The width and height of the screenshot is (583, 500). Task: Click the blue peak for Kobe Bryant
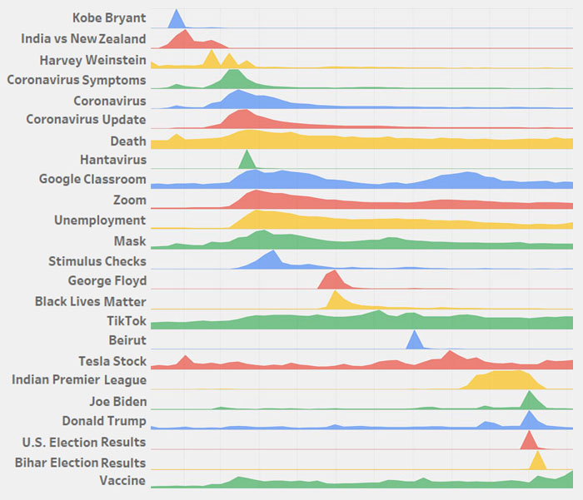[x=176, y=21]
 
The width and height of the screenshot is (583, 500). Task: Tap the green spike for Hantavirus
[x=247, y=161]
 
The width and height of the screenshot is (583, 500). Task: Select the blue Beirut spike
[x=413, y=341]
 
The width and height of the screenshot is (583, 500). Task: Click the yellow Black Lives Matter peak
[x=336, y=301]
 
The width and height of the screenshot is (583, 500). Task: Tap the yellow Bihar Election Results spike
[x=537, y=462]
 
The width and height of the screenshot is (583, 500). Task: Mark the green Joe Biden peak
[x=528, y=402]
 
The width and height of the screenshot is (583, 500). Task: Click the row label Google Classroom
[x=92, y=180]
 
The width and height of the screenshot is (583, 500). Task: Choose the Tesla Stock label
[x=112, y=361]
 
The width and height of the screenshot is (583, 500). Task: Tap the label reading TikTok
[x=126, y=320]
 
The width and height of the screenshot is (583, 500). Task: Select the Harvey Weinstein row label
[x=92, y=60]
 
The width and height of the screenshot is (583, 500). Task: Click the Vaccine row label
[x=122, y=481]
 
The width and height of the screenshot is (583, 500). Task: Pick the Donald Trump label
[x=104, y=421]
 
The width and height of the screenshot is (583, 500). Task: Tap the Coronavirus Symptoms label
[x=77, y=80]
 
